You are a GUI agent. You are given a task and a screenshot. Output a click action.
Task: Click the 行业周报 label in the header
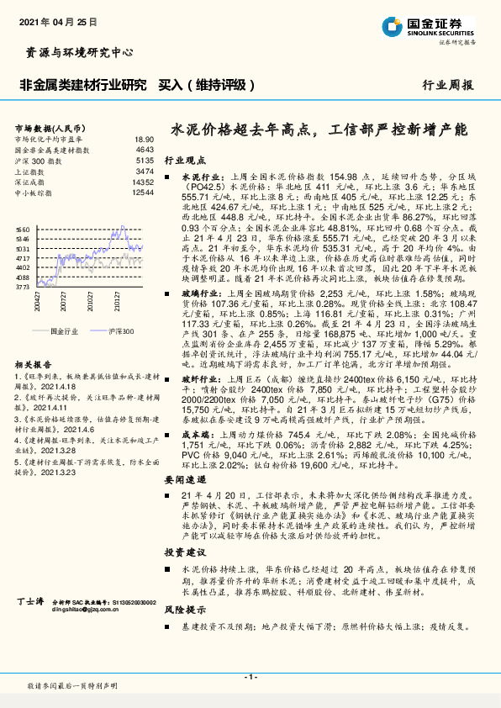[446, 86]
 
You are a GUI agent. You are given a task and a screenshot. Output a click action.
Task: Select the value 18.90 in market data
[144, 139]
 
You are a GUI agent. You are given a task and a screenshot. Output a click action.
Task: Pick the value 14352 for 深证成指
[143, 182]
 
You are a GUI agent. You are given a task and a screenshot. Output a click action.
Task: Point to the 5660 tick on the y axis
[23, 229]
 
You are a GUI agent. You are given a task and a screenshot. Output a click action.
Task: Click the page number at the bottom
[250, 677]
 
